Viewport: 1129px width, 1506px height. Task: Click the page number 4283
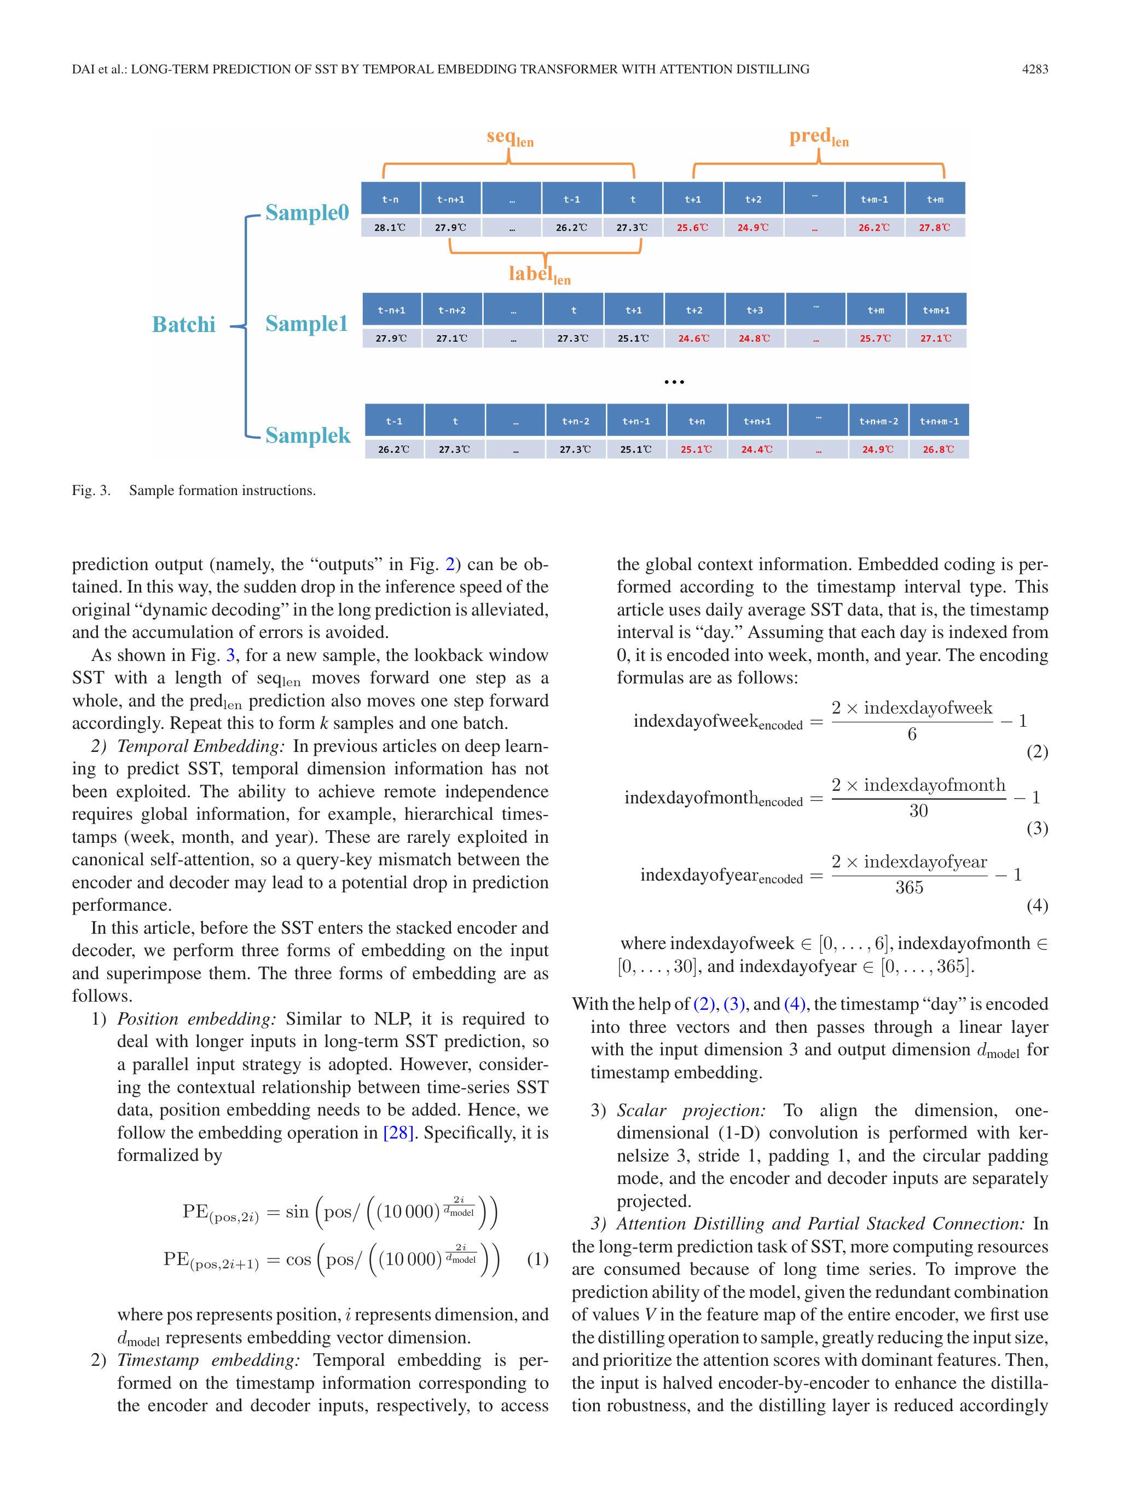[1034, 69]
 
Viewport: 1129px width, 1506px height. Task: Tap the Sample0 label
[307, 212]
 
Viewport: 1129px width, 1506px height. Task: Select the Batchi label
[183, 324]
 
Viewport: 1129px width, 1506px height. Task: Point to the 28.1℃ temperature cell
[390, 227]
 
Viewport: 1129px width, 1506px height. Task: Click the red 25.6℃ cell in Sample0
[692, 227]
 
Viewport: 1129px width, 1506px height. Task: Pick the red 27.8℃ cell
[934, 227]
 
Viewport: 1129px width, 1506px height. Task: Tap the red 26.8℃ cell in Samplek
[939, 450]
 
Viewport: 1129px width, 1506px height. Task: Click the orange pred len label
[819, 137]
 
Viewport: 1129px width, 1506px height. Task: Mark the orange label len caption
[540, 274]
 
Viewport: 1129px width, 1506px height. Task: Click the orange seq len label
[510, 137]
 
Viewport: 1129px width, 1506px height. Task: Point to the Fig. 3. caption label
[91, 490]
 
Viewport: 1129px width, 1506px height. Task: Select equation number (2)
[1037, 752]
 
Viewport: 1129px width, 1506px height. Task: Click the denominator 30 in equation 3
[918, 810]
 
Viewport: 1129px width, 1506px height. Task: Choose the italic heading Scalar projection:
[691, 1111]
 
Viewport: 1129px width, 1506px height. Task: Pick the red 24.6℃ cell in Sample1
[693, 338]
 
